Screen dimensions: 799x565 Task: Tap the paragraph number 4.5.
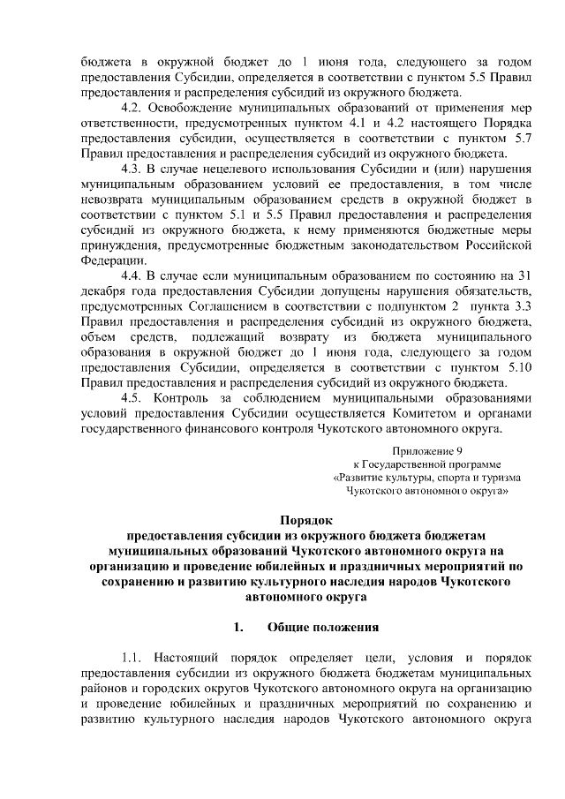coord(132,398)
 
